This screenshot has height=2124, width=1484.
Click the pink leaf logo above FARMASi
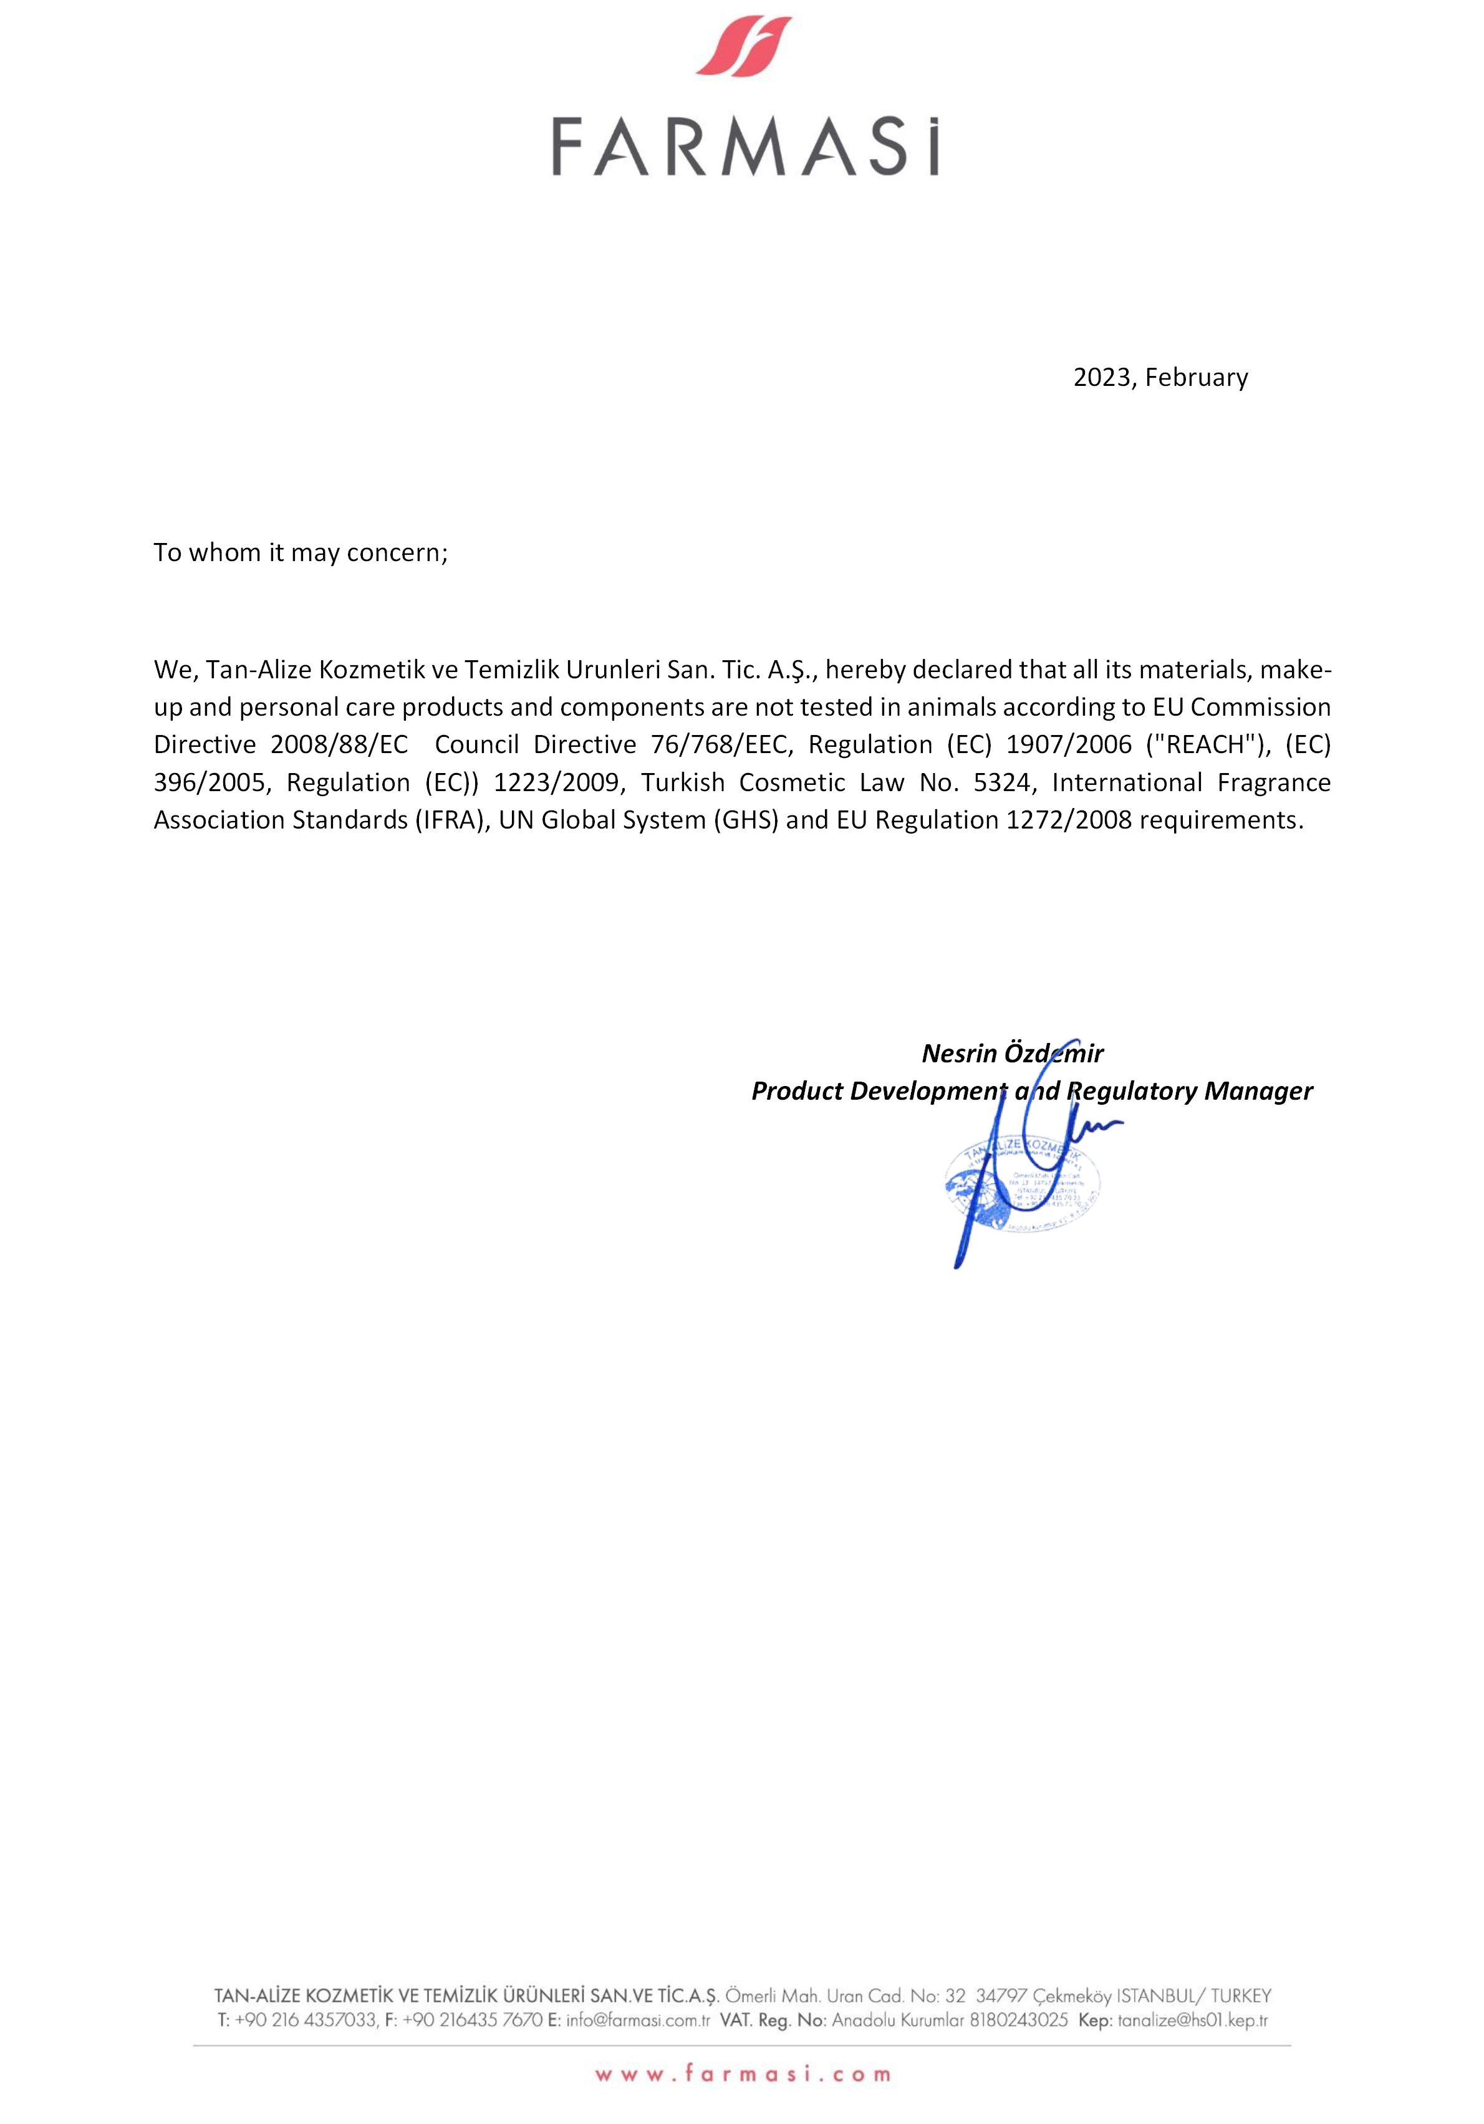click(x=744, y=46)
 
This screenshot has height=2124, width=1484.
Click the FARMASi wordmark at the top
click(x=744, y=146)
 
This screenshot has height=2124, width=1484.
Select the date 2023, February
click(x=1160, y=377)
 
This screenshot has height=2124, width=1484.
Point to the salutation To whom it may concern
click(x=301, y=552)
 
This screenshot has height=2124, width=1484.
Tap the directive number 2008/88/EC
click(x=339, y=745)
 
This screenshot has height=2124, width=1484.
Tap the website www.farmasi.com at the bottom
click(x=743, y=2075)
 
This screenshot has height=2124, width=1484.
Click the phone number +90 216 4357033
click(x=306, y=2021)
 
